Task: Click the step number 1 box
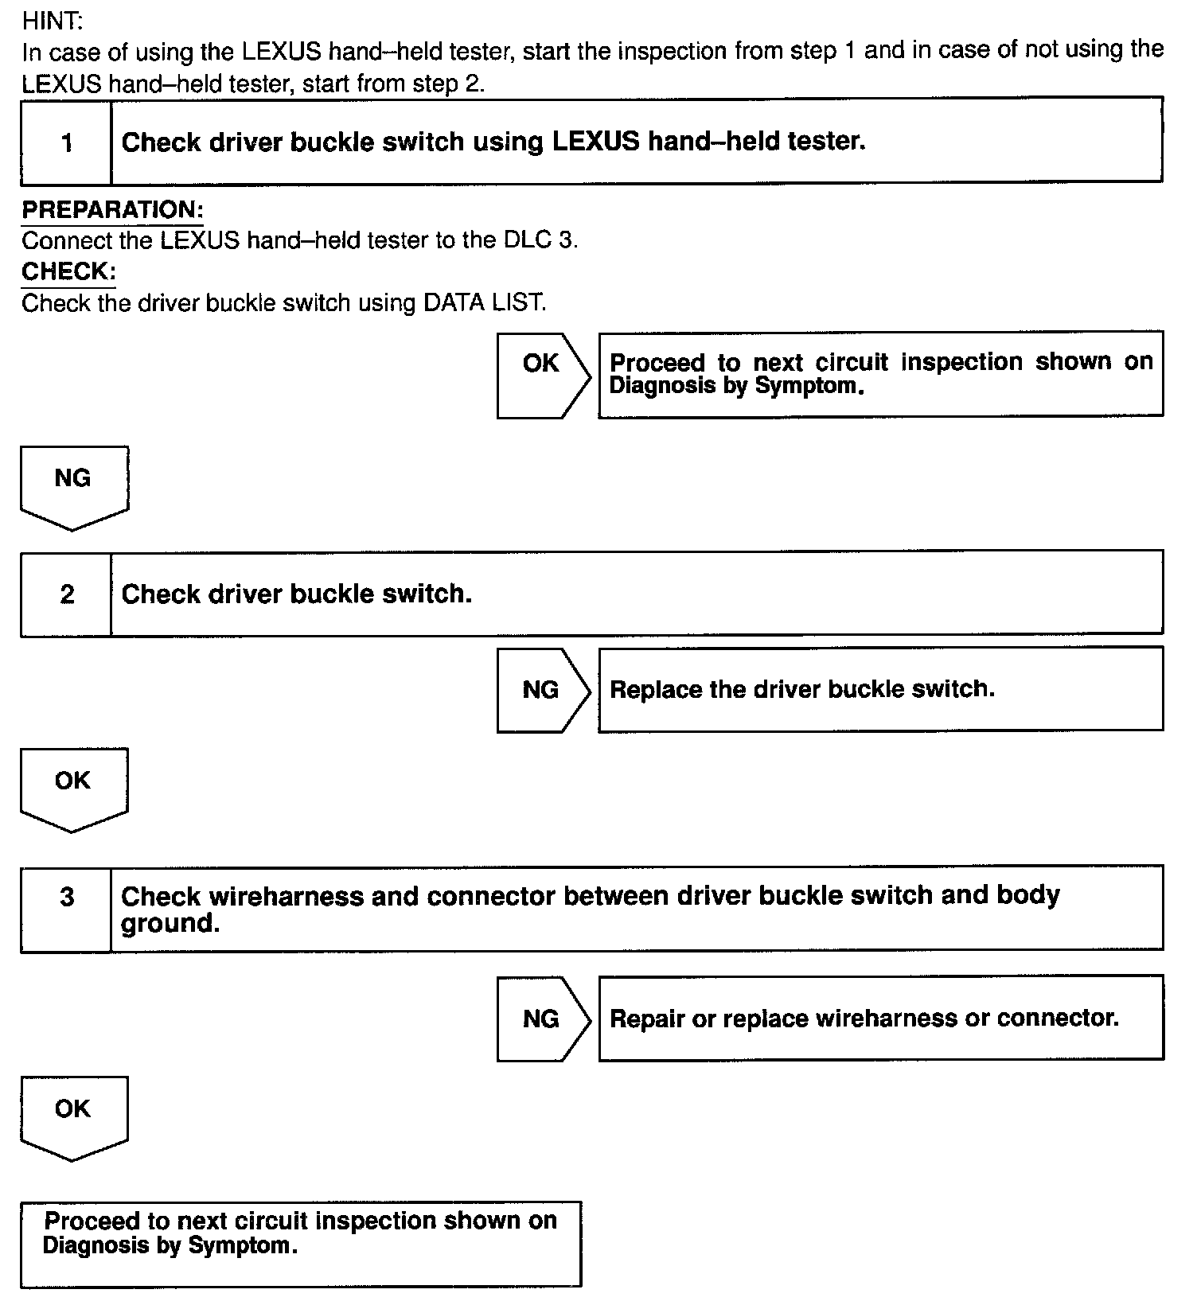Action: click(x=66, y=142)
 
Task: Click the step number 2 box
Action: click(x=66, y=594)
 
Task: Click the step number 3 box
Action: click(x=66, y=898)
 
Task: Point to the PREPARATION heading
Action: click(x=112, y=210)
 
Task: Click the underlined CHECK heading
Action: click(x=68, y=272)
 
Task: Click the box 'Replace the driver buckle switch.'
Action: click(x=880, y=689)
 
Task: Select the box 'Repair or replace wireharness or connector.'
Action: click(x=880, y=1019)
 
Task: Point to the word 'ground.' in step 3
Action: click(x=170, y=924)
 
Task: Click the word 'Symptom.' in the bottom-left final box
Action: click(x=243, y=1246)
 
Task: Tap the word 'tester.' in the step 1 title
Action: click(x=826, y=142)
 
